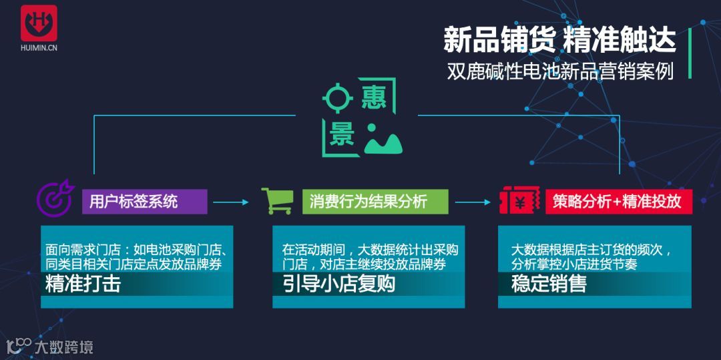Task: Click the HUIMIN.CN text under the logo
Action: tap(39, 48)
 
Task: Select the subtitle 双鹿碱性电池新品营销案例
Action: tap(560, 71)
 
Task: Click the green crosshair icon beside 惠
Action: tap(337, 98)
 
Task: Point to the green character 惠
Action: tap(374, 98)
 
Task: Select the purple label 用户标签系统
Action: tap(144, 201)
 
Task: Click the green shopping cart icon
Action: tap(275, 200)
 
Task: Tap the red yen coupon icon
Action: tap(517, 200)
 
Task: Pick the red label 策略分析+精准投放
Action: tap(618, 201)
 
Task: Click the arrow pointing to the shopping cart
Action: tap(230, 202)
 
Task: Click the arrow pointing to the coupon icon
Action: tap(473, 202)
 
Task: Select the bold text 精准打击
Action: tap(83, 284)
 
